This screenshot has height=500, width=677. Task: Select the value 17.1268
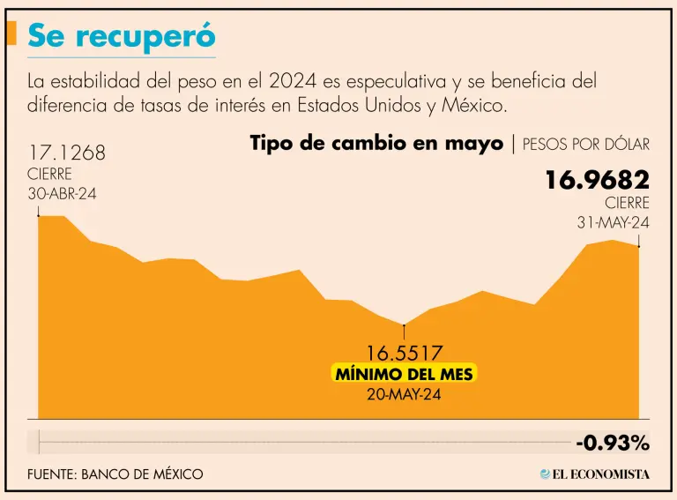[x=67, y=153]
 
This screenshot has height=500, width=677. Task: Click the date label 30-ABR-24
[x=62, y=194]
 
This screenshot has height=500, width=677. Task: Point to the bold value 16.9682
[x=597, y=181]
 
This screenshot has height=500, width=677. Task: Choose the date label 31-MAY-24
[x=613, y=223]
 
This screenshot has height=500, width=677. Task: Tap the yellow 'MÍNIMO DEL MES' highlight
[x=404, y=374]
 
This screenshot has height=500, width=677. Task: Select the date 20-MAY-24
[x=404, y=394]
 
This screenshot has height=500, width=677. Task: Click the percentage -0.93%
[x=612, y=442]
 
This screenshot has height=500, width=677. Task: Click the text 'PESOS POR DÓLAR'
[x=586, y=144]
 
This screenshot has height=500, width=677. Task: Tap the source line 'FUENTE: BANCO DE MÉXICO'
[x=115, y=474]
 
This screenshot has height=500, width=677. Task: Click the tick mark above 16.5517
[x=404, y=332]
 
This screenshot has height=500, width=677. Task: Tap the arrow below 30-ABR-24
[x=38, y=210]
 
